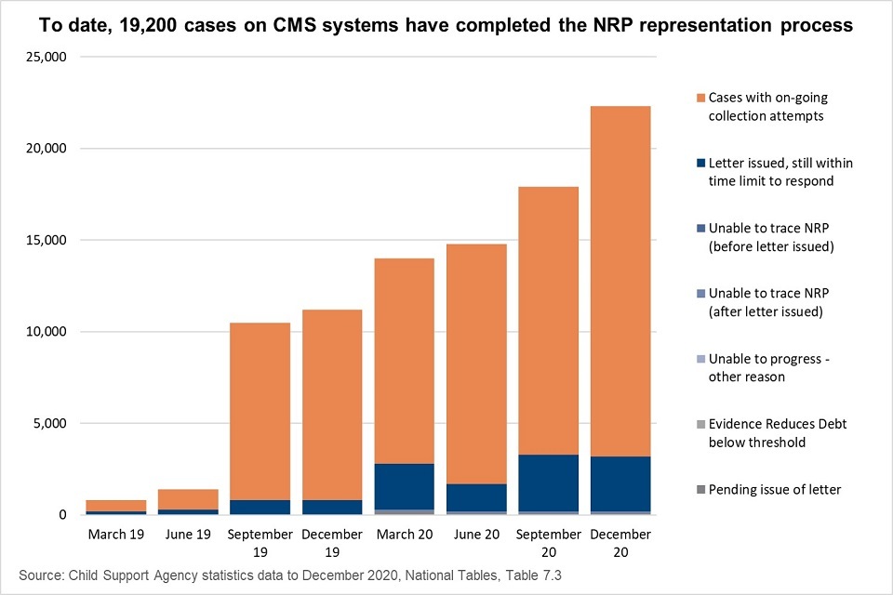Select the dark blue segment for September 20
(548, 483)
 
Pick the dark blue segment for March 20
(404, 486)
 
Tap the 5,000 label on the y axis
(47, 424)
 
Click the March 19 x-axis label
(116, 535)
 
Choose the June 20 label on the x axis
(476, 535)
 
